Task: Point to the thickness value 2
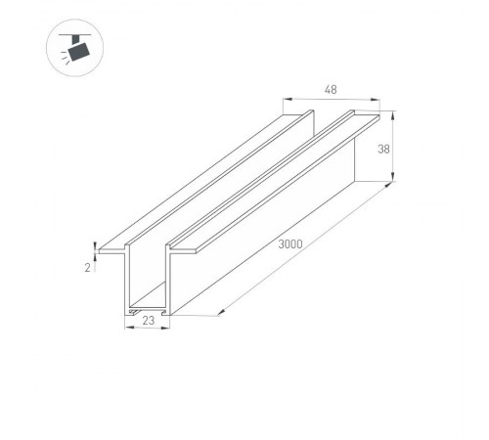[x=88, y=267]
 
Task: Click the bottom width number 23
[x=149, y=319]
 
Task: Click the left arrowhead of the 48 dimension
[x=286, y=99]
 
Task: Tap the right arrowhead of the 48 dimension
[x=378, y=99]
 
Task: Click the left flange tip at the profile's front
[x=102, y=244]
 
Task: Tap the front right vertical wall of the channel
[x=172, y=284]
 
